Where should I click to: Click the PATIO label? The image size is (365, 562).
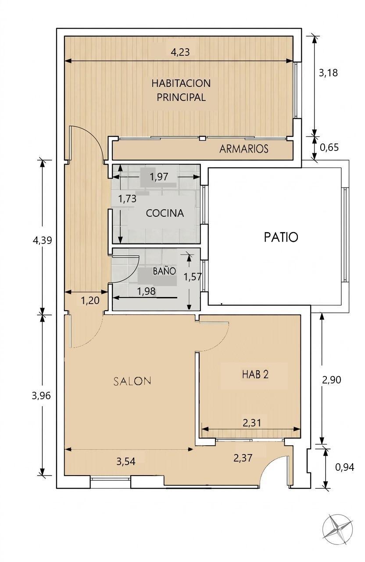(x=281, y=237)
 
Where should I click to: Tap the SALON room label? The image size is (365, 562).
(x=132, y=381)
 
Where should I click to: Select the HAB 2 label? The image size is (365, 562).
(x=255, y=375)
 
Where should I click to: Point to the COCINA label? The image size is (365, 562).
(x=165, y=213)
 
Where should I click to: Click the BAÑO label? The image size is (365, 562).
(x=165, y=271)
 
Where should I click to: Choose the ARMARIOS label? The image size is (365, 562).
(x=244, y=149)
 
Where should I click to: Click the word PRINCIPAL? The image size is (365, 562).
(x=181, y=97)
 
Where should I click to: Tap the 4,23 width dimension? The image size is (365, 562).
(x=180, y=52)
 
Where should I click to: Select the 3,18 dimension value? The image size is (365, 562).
(x=328, y=73)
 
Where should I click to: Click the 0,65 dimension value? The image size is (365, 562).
(x=329, y=147)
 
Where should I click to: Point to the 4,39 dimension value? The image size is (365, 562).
(x=42, y=240)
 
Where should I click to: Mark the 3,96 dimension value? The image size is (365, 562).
(x=41, y=396)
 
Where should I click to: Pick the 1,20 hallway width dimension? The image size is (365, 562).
(x=90, y=301)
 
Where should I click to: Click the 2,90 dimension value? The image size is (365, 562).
(x=331, y=380)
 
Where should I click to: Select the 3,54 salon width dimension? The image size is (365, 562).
(x=125, y=461)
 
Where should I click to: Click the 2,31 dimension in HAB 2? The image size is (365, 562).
(x=252, y=423)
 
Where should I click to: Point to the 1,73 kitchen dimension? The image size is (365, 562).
(x=127, y=199)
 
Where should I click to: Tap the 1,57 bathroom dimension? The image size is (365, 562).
(x=193, y=277)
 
